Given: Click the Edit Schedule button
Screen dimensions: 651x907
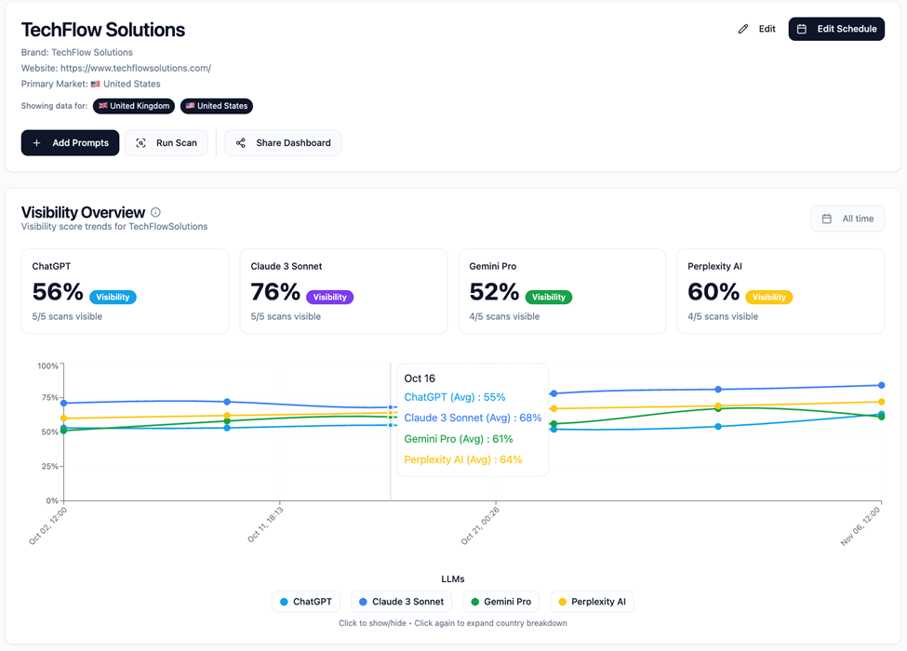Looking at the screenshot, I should (836, 29).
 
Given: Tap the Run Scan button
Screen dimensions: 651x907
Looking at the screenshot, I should (167, 143).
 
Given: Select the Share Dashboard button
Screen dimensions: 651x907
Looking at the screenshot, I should (283, 143).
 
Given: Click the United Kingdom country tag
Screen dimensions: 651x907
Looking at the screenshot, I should (134, 106).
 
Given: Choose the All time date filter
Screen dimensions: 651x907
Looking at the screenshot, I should (847, 219).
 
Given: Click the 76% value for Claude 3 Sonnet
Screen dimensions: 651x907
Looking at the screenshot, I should (275, 292).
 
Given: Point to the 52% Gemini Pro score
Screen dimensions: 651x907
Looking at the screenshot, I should (494, 292).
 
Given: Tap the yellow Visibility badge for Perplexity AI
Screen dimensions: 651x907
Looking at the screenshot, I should (768, 298).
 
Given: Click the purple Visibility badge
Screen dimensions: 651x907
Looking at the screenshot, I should (329, 298).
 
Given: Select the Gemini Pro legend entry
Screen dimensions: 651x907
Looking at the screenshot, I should (500, 602).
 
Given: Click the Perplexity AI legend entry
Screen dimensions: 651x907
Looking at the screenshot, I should (592, 602).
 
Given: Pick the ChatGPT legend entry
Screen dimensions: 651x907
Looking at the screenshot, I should (305, 602).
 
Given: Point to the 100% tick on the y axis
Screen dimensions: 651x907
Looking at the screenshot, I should (47, 365).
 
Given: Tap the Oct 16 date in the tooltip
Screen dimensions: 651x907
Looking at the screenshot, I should (420, 379).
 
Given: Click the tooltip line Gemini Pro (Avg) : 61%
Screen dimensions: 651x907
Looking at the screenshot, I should (458, 439).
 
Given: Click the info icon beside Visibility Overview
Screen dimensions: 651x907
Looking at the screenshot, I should (155, 213).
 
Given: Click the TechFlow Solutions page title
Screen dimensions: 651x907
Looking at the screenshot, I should (103, 30).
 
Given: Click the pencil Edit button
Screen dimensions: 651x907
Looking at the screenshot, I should (756, 29).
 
